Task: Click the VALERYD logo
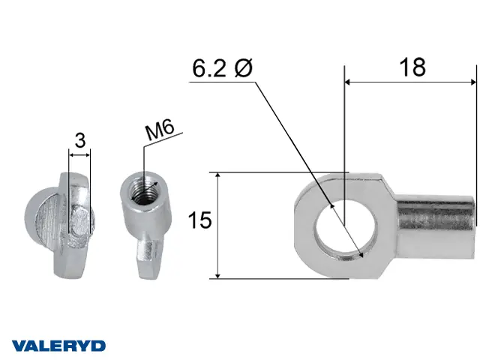(58, 346)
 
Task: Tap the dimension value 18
(412, 67)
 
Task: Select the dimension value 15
(199, 220)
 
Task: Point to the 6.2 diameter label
(222, 68)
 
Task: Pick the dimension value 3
(80, 140)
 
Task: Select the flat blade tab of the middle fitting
(148, 258)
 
